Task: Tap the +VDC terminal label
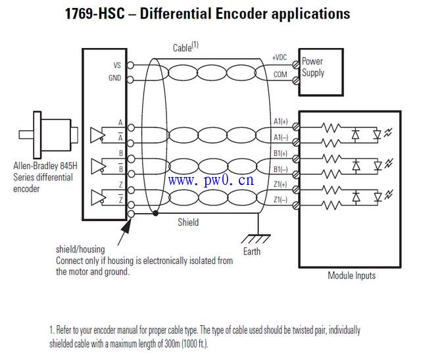pyautogui.click(x=280, y=59)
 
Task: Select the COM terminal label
pyautogui.click(x=281, y=74)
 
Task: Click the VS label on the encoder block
pyautogui.click(x=117, y=65)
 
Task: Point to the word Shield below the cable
pyautogui.click(x=188, y=222)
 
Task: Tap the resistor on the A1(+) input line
pyautogui.click(x=330, y=125)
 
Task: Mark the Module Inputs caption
pyautogui.click(x=351, y=276)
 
